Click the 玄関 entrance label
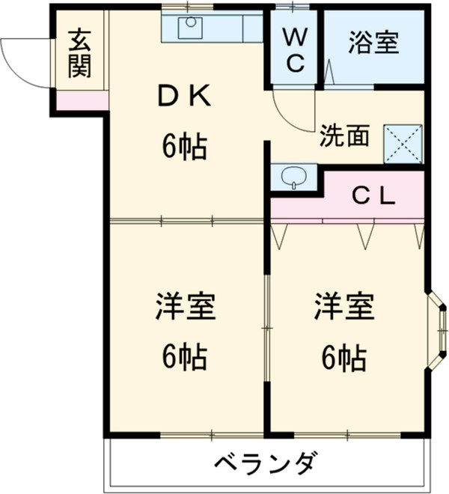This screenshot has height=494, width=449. [x=79, y=54]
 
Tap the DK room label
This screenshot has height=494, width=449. [x=184, y=97]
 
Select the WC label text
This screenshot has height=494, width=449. [x=296, y=49]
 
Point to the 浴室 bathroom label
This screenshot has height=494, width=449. [x=372, y=43]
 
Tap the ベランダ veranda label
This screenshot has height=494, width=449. [x=266, y=462]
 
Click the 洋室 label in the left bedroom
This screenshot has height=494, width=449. [x=185, y=307]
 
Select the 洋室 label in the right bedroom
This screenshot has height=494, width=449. [x=343, y=307]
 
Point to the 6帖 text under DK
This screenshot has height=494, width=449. [x=184, y=147]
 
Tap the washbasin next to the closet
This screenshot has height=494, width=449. [x=293, y=177]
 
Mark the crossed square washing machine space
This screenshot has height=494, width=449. [x=403, y=143]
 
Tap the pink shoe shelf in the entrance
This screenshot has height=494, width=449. [x=81, y=100]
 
